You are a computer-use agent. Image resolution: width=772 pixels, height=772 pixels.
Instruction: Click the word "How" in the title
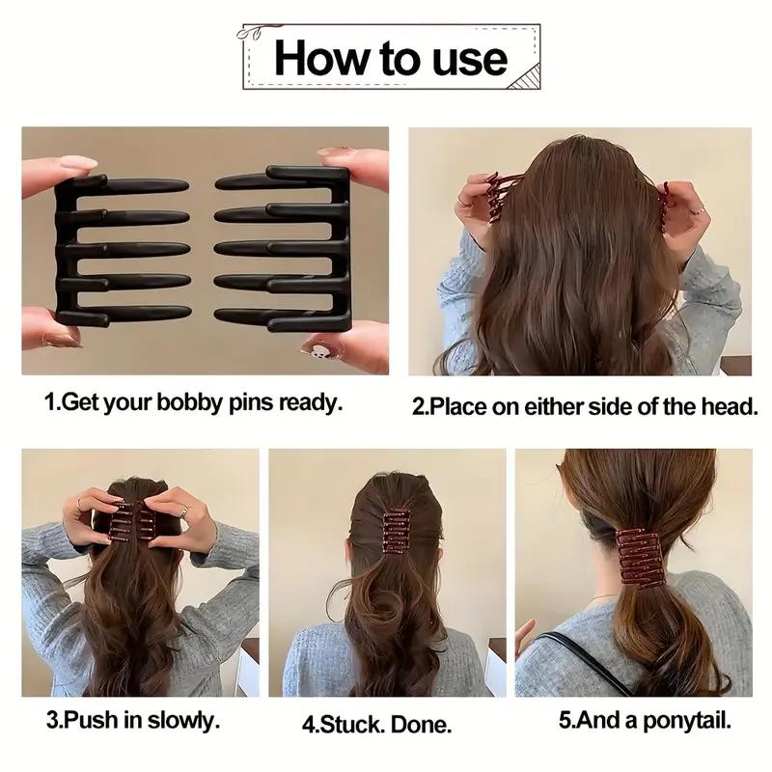(x=317, y=57)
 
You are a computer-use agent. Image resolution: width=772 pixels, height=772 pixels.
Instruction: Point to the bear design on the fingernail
(x=316, y=349)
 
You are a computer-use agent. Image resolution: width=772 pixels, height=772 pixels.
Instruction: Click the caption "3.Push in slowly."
(x=133, y=719)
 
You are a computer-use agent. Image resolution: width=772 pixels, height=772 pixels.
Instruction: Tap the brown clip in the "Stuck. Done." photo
(x=397, y=531)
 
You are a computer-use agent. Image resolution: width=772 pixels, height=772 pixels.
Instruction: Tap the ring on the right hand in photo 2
(x=698, y=208)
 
